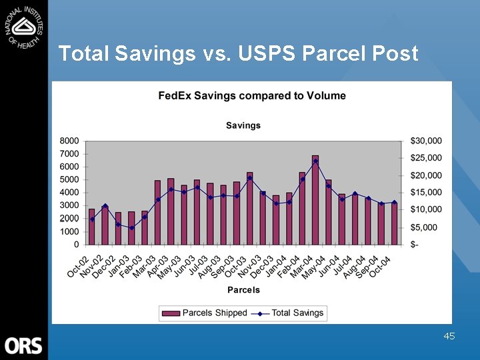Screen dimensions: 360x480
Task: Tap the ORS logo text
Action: tap(23, 345)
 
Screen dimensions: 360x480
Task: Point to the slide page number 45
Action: tap(449, 336)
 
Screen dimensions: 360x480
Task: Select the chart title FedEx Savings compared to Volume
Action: tap(252, 96)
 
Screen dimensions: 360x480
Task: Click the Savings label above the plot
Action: tap(243, 125)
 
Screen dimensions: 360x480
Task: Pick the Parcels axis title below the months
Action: tap(243, 290)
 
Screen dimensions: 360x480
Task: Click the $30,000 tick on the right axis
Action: tap(426, 141)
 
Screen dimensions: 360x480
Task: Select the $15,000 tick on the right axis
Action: tap(426, 193)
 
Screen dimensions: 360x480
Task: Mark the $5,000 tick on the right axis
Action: tap(424, 227)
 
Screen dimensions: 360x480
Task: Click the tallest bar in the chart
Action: tap(315, 200)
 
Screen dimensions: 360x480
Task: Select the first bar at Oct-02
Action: tap(92, 227)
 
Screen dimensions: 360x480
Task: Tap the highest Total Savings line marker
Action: tap(315, 161)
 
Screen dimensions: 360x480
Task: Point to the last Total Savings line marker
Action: tap(394, 203)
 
